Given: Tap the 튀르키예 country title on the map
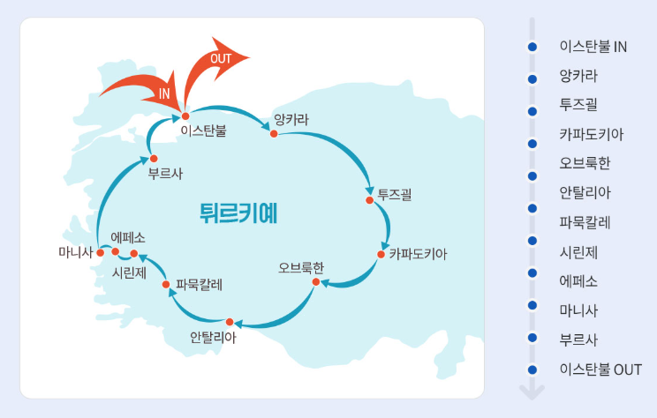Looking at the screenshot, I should point(238,213).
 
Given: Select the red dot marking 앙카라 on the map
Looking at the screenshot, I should point(274,134).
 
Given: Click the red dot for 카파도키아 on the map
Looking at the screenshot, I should point(381,254).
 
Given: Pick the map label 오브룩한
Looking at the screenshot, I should point(301,266).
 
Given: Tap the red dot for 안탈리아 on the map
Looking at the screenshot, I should point(229,322).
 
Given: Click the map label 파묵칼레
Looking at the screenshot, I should point(200,284).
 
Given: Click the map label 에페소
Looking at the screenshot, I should point(128,237).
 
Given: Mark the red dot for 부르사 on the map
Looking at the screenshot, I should point(154,159).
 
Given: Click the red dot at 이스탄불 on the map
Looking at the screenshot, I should point(185,116).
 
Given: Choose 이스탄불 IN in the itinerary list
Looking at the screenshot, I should point(593,47).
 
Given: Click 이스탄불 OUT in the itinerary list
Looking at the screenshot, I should point(600,369).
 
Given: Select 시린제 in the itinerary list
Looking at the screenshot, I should point(578,252).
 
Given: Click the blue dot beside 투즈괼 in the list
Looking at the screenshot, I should point(532,111).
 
